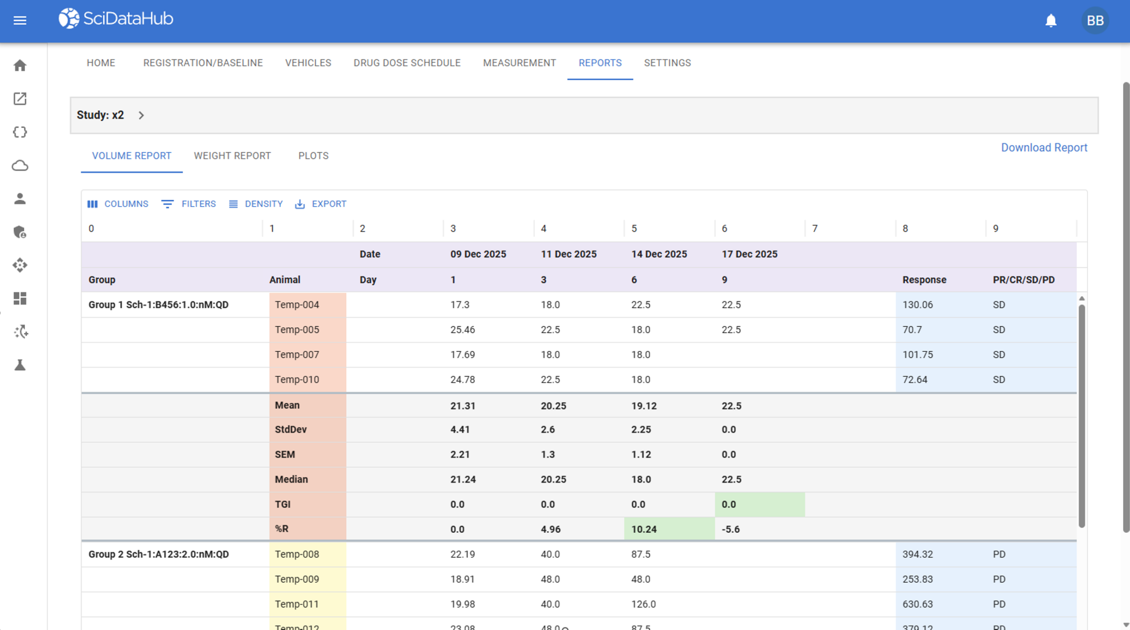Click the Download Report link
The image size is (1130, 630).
point(1044,147)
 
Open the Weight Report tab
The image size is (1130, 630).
point(232,156)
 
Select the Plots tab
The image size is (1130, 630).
point(313,156)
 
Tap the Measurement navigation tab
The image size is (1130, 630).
point(520,63)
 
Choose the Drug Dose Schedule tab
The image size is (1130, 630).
point(407,63)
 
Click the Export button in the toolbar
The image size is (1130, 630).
point(320,204)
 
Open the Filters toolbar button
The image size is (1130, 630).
point(188,204)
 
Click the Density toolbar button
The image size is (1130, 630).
point(256,204)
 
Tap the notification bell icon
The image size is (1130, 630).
point(1051,20)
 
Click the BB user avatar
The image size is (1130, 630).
point(1095,20)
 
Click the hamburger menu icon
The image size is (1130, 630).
point(20,20)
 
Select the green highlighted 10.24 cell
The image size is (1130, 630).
point(669,529)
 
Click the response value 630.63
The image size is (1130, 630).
point(918,604)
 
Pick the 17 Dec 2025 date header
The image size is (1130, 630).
point(750,254)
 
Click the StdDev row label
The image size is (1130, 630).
point(290,430)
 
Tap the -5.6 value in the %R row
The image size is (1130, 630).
point(731,529)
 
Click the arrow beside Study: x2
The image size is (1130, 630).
point(141,115)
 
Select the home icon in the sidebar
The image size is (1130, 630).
point(20,65)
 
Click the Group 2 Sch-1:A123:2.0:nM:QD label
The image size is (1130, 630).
point(158,555)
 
